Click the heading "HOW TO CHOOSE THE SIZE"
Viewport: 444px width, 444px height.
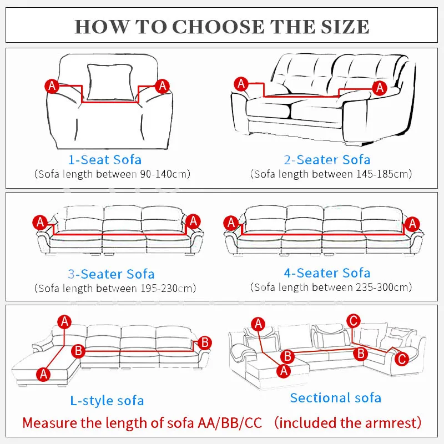point(222,26)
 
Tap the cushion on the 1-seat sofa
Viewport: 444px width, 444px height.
point(110,82)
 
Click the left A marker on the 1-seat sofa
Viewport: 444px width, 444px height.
point(52,86)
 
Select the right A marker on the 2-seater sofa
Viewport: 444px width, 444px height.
point(380,87)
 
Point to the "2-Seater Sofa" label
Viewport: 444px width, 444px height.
point(327,160)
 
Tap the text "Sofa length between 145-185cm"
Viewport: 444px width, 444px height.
point(332,174)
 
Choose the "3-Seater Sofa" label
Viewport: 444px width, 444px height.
point(111,274)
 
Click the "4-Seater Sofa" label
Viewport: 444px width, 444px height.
point(327,273)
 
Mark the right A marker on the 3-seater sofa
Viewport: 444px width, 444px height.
point(193,221)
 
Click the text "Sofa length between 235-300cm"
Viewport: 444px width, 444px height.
point(332,287)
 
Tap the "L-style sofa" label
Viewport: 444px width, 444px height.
point(107,400)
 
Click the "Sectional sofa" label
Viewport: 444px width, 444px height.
point(335,397)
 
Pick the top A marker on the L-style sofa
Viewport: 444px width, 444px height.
point(65,321)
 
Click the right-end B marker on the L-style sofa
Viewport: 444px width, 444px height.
point(204,342)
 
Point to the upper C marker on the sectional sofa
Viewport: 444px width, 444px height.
point(353,320)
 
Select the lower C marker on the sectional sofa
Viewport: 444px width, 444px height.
point(402,359)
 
